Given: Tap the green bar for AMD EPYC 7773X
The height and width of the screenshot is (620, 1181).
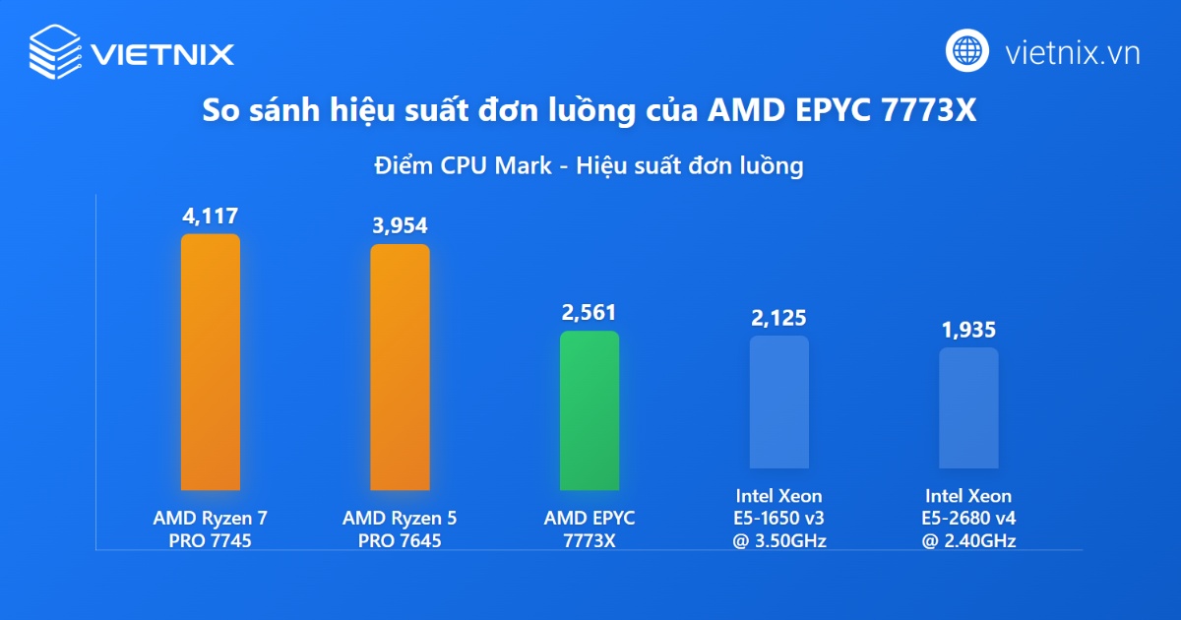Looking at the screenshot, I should click(590, 410).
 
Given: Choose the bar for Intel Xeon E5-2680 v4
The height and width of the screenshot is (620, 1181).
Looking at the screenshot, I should click(968, 407).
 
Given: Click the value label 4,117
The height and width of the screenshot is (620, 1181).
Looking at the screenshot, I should click(210, 216).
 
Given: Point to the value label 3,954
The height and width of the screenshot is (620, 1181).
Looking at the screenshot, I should click(400, 225).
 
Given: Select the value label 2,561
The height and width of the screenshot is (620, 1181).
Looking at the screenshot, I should click(589, 313).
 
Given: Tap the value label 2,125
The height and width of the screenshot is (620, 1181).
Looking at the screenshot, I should click(778, 318).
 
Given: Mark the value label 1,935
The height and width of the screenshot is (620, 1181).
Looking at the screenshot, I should click(968, 330).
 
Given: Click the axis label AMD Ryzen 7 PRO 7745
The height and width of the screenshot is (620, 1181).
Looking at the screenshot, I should click(210, 528).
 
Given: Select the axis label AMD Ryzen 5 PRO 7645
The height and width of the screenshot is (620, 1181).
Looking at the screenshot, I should click(400, 528).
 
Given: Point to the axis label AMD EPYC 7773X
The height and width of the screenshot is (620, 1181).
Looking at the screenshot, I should click(590, 528).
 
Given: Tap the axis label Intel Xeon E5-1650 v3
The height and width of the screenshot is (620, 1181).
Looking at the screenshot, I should click(778, 518).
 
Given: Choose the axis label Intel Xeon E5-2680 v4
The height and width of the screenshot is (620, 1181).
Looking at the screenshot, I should click(968, 518).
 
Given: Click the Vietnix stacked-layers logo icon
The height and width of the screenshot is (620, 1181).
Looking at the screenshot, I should click(55, 51).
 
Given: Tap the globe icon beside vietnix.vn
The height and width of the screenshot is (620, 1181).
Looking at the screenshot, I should click(967, 50).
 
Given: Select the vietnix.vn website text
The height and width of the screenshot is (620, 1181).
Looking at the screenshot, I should click(1073, 52).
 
